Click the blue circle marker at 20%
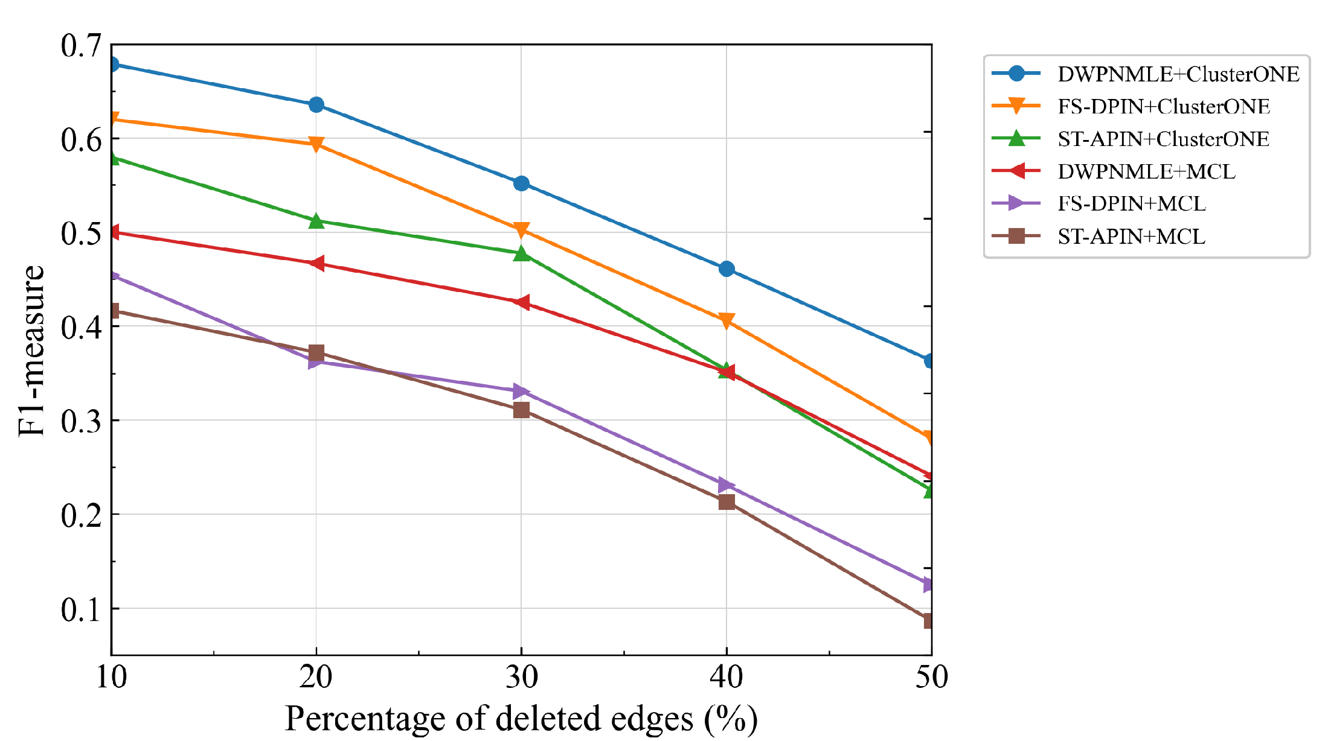(316, 104)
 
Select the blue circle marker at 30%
(521, 183)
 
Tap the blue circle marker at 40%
(727, 269)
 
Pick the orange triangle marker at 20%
(316, 144)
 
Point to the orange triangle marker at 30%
(521, 230)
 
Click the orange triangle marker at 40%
(727, 320)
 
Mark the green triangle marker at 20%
(316, 221)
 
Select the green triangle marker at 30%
(521, 253)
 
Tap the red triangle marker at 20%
(316, 263)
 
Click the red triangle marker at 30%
(521, 302)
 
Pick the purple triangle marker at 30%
(522, 391)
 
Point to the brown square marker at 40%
(727, 502)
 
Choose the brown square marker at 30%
(521, 410)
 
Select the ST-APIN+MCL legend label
(1132, 236)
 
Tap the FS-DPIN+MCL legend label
(1132, 203)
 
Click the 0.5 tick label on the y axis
(82, 233)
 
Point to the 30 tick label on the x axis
(521, 677)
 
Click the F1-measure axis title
(31, 351)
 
